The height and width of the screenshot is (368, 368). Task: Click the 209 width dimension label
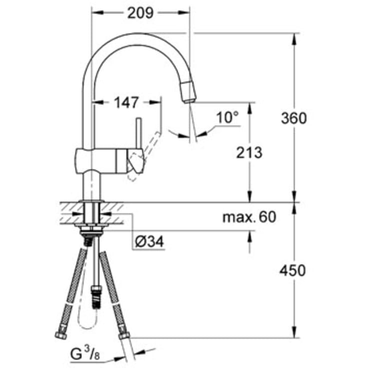click(140, 13)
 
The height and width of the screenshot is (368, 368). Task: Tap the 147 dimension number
click(127, 103)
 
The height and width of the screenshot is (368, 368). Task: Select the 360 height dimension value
click(294, 118)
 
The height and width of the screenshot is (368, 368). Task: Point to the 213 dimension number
click(249, 153)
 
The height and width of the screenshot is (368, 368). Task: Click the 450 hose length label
click(293, 270)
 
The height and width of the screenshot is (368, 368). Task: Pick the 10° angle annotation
click(227, 117)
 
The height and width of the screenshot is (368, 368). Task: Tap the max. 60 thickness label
click(249, 217)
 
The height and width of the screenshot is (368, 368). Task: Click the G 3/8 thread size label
click(85, 353)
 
